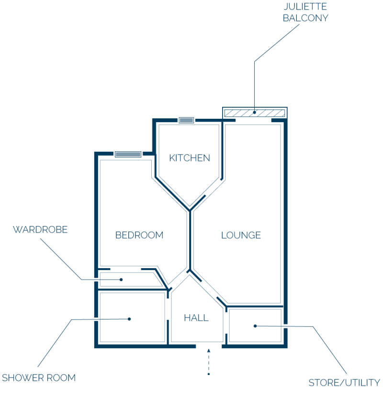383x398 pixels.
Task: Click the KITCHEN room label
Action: [x=190, y=158]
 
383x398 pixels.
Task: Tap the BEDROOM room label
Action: [x=139, y=235]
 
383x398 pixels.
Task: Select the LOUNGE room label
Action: [x=241, y=235]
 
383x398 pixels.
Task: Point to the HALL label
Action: [x=196, y=318]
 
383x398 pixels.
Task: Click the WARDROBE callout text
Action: [x=40, y=229]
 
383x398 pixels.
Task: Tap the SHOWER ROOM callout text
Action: [x=39, y=378]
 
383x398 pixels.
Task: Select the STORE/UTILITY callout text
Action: [x=344, y=383]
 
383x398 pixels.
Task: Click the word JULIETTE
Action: [x=305, y=7]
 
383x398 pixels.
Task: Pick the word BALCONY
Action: [x=305, y=18]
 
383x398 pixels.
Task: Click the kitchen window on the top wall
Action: [x=186, y=120]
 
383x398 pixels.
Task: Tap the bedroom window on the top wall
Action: [x=128, y=154]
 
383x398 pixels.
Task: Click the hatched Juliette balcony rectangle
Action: [x=255, y=113]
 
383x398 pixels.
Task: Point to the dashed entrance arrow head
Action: [x=208, y=351]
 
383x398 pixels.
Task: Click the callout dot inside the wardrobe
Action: [x=121, y=280]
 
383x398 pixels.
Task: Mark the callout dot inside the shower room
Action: [x=129, y=319]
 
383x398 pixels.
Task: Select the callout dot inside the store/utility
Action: [x=255, y=326]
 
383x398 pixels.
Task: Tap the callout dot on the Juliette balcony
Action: [x=254, y=112]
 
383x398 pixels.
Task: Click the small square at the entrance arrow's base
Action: [x=208, y=374]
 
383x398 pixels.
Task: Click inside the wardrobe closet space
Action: [x=129, y=279]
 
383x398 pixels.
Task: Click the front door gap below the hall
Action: [x=209, y=346]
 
